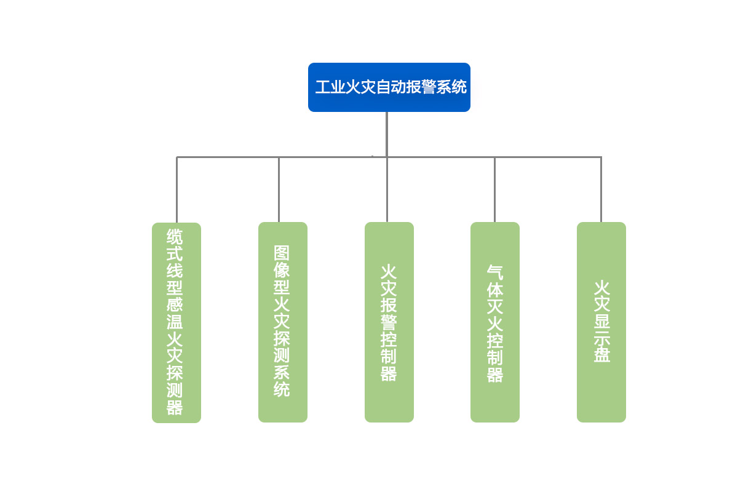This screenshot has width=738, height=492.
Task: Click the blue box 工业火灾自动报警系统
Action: coord(389,87)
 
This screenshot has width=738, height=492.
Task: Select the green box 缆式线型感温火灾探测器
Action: coord(177,323)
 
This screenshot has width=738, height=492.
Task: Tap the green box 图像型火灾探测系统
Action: coord(283,322)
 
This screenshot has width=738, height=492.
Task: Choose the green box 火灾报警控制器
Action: coord(389,322)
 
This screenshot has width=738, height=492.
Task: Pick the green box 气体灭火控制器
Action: coord(495,322)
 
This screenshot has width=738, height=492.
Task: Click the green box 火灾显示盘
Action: coord(601,322)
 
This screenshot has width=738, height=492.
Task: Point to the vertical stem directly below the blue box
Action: coord(387,134)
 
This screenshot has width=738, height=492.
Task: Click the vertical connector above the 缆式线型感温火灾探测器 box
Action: coord(177,190)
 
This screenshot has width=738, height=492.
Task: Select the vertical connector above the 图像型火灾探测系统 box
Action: coord(279,190)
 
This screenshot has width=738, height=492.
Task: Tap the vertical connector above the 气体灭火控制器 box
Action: coord(494,190)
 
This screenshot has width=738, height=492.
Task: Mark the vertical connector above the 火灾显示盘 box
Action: coord(601,190)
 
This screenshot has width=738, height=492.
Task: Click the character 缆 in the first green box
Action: coord(175,237)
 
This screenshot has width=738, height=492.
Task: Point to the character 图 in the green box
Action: coord(282,253)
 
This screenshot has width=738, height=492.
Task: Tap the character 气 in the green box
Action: coord(495,272)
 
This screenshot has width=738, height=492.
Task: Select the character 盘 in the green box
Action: coord(602,355)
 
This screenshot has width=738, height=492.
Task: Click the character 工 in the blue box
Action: coord(323,87)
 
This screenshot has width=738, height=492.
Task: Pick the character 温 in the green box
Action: coord(175,322)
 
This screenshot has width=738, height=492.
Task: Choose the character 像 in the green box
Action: coord(282,270)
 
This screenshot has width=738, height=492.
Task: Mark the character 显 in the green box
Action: coord(602,321)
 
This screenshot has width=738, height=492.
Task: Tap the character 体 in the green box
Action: coord(495,289)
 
